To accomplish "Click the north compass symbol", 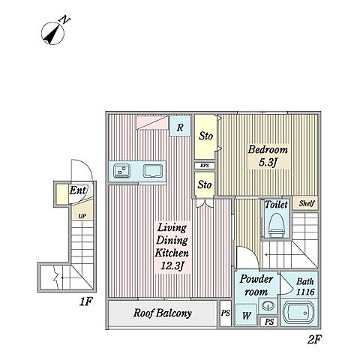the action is click(54, 32).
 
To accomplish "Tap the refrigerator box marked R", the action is click(180, 126).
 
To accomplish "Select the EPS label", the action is click(205, 166).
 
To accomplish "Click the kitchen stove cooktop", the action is click(121, 171).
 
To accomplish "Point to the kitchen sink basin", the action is click(153, 171).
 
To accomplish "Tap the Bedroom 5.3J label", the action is click(268, 156).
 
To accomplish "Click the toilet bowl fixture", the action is click(277, 225).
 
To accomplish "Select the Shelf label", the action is click(307, 203).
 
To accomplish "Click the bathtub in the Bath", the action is click(299, 313).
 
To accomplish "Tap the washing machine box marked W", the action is click(246, 314).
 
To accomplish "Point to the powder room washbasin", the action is click(268, 305).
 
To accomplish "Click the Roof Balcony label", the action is click(163, 313).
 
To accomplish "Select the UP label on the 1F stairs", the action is click(82, 216).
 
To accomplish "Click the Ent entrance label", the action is click(78, 190).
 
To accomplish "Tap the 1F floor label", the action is click(86, 302).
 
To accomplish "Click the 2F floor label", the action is click(314, 340).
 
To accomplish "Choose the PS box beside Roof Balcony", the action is click(226, 313).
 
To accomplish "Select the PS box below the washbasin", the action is click(269, 322).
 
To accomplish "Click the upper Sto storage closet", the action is click(205, 136).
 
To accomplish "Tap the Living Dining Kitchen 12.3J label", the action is click(172, 247).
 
